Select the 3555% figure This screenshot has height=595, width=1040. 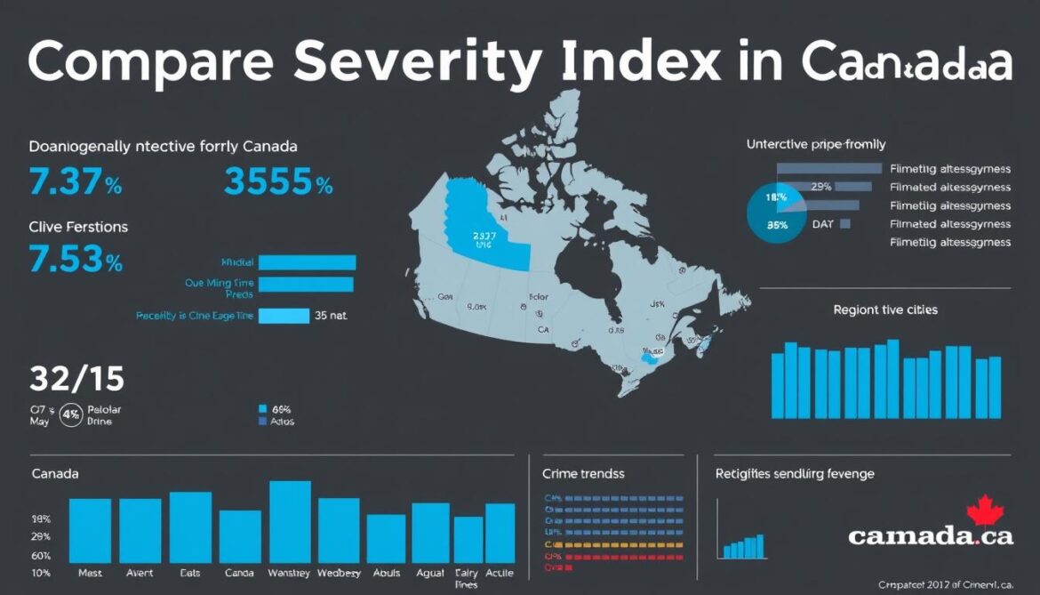pyautogui.click(x=278, y=182)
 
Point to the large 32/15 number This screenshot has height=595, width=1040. pyautogui.click(x=76, y=380)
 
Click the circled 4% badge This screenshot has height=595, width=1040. pyautogui.click(x=71, y=415)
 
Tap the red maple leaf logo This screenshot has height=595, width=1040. pyautogui.click(x=984, y=511)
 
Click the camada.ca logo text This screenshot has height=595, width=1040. pyautogui.click(x=930, y=535)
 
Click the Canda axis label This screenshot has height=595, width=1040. pyautogui.click(x=239, y=574)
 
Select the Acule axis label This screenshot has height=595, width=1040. pyautogui.click(x=500, y=574)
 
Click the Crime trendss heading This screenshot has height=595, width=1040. pyautogui.click(x=583, y=474)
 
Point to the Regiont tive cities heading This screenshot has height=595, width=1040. pyautogui.click(x=884, y=310)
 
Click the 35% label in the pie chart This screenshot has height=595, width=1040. pyautogui.click(x=777, y=225)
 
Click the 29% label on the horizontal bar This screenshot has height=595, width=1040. pyautogui.click(x=820, y=187)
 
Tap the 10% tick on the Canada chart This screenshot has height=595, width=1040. pyautogui.click(x=41, y=573)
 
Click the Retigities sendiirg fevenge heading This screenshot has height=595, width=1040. pyautogui.click(x=795, y=474)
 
